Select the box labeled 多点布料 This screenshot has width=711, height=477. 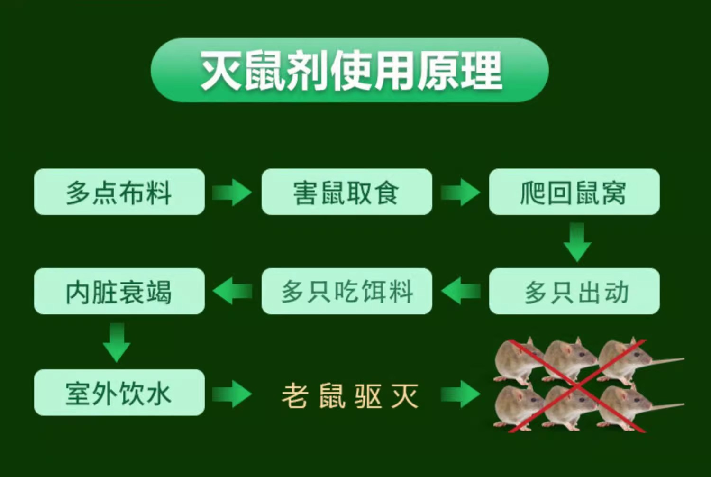(x=119, y=192)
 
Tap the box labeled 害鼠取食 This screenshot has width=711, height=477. (x=346, y=192)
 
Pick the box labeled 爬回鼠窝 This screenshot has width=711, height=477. (x=574, y=192)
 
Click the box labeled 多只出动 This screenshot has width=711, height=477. (x=574, y=291)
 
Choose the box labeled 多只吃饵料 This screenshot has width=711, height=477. (x=346, y=291)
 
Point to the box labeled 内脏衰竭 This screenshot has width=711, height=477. (x=119, y=291)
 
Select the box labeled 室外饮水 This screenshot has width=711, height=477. (x=119, y=393)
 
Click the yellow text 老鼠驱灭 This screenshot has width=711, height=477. (x=350, y=395)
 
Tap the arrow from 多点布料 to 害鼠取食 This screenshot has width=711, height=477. (x=232, y=192)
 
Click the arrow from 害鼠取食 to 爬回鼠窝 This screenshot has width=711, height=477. (x=460, y=192)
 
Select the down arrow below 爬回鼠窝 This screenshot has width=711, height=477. (x=577, y=242)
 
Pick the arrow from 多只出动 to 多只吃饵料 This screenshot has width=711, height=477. (x=461, y=291)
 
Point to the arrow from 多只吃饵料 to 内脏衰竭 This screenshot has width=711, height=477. (x=233, y=291)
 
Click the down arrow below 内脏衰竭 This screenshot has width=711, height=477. (x=117, y=342)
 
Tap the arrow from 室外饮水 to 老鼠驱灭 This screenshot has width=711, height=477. (x=232, y=394)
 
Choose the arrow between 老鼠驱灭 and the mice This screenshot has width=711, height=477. (x=460, y=394)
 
